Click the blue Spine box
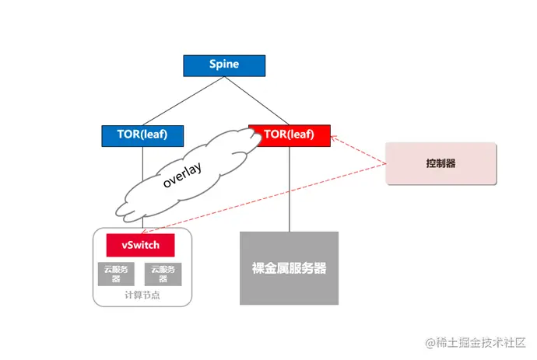click(x=223, y=65)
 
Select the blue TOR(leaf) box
click(x=145, y=135)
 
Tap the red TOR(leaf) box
click(x=289, y=135)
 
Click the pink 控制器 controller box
click(x=440, y=163)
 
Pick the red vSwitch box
click(x=141, y=245)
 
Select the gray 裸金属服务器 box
click(x=289, y=268)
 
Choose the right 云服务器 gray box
click(x=162, y=274)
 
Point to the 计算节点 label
click(x=141, y=296)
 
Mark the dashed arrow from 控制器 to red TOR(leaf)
click(x=360, y=152)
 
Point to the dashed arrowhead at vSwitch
click(x=146, y=231)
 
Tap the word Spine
click(x=223, y=65)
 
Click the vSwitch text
click(x=141, y=245)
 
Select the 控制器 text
click(x=440, y=163)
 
